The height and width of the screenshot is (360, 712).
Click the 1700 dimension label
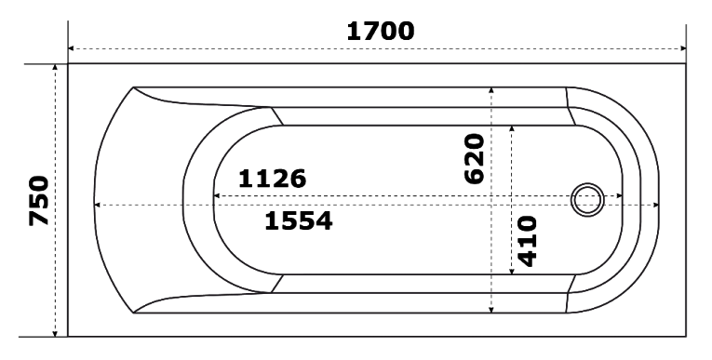(x=381, y=32)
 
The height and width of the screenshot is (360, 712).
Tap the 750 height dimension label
(x=38, y=201)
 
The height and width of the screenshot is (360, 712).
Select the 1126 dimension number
(x=272, y=179)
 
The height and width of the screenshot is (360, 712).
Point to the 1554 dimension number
(x=299, y=221)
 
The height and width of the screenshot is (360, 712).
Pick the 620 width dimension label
(x=475, y=158)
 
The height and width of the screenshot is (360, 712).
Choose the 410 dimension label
(x=527, y=242)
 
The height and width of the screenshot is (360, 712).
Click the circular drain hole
(x=587, y=200)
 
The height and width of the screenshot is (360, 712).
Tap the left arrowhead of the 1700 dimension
(x=71, y=48)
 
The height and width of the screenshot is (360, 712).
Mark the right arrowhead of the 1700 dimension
(x=683, y=48)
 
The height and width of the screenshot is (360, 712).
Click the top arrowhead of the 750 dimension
(x=55, y=67)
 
